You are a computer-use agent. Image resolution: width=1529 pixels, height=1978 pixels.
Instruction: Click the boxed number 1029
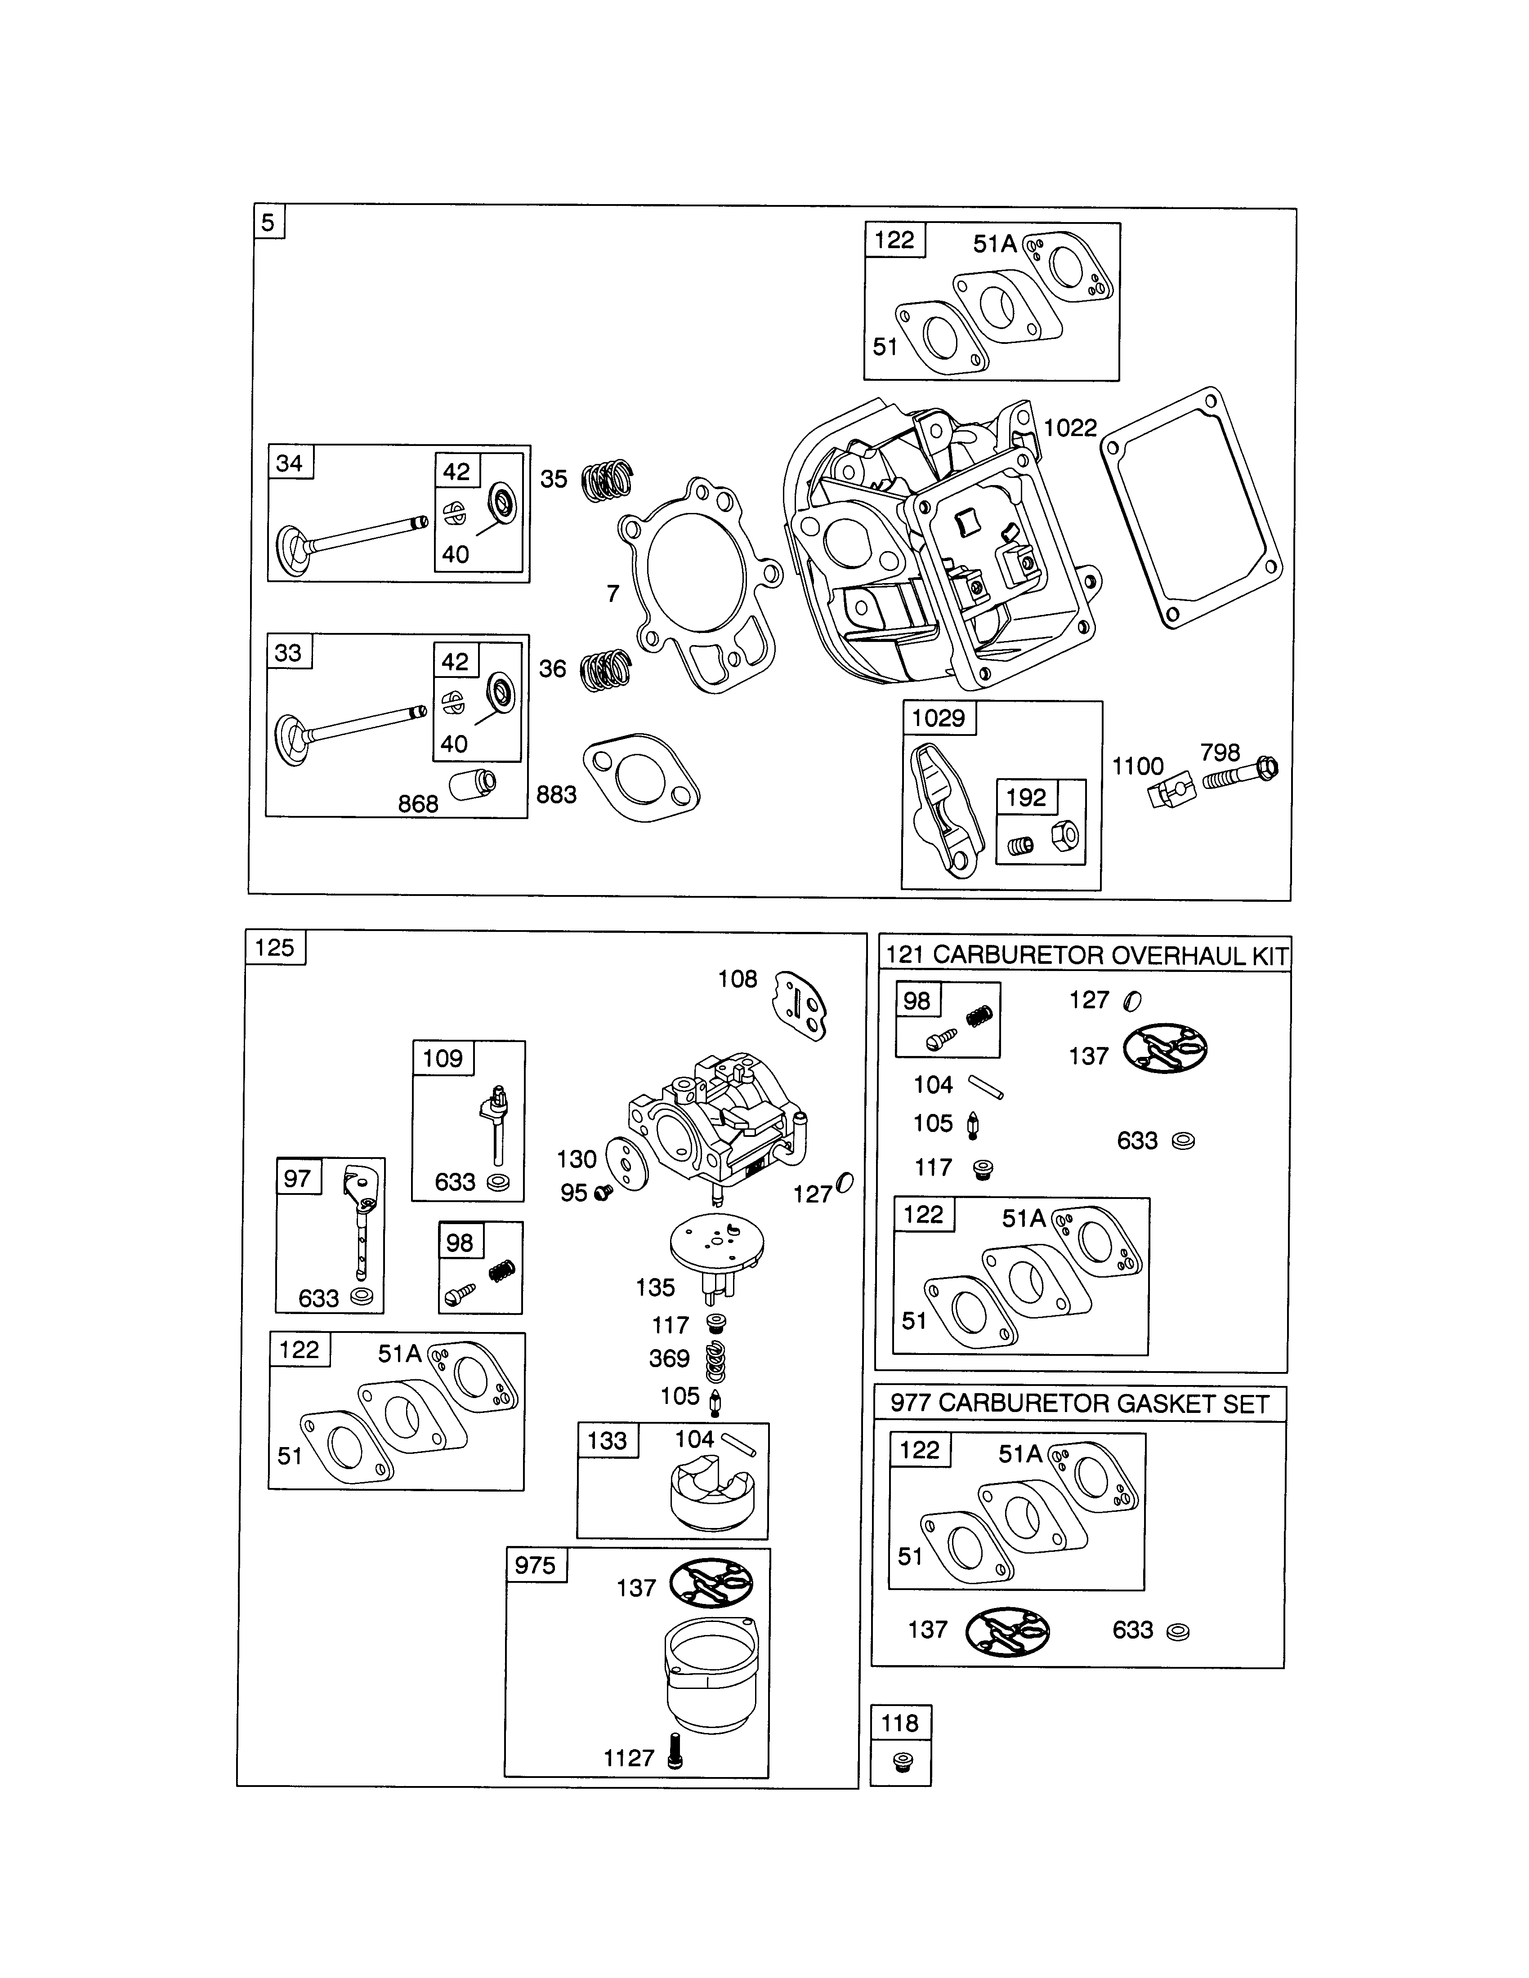coord(939,718)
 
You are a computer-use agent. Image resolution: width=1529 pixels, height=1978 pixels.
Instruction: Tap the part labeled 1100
coord(1171,794)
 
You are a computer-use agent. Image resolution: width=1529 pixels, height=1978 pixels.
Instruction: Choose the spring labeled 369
coord(715,1359)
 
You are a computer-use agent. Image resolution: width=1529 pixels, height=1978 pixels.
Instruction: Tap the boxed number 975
coord(535,1565)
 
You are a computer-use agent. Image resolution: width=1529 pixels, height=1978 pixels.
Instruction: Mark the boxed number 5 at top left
coord(268,222)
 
